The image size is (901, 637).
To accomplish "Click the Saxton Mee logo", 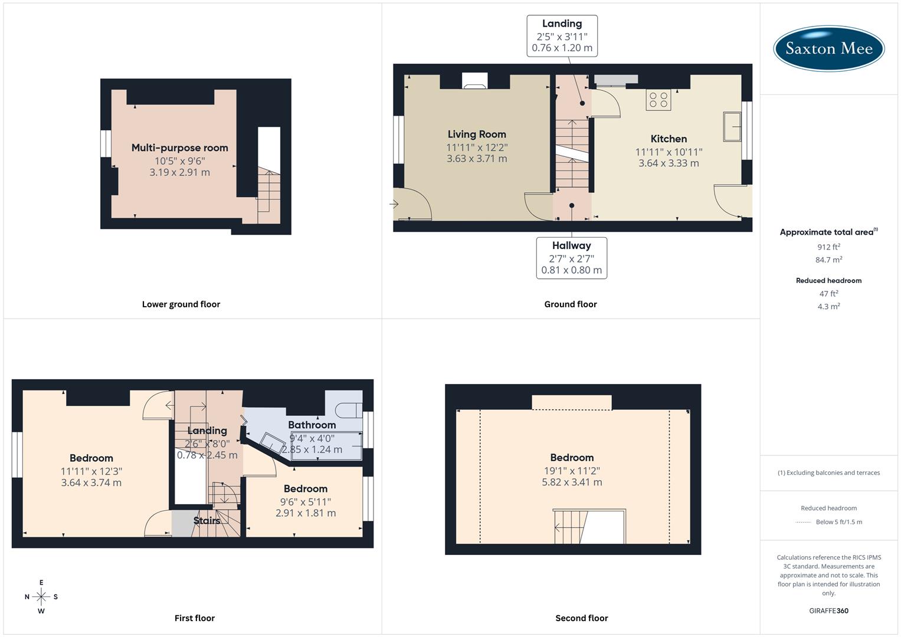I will pos(828,48).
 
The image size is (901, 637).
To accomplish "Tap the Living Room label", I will pos(476,134).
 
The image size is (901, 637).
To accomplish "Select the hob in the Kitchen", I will pos(658,100).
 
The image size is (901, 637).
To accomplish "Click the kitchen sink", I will pos(732,126).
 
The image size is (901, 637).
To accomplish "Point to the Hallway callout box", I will pos(571,258).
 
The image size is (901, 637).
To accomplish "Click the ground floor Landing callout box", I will pos(562,36).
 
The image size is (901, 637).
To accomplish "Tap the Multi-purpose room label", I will pos(179,148).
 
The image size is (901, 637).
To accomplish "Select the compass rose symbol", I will pos(41,597).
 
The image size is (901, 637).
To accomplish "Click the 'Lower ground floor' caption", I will pos(181,304).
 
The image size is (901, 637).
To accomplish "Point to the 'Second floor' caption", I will pos(581,618).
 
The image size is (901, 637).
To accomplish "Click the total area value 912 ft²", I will pos(828,247).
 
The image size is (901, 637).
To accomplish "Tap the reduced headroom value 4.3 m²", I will pos(828,307).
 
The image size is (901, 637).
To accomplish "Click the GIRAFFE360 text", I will pos(828,610).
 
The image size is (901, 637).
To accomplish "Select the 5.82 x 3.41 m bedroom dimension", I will pos(572,482).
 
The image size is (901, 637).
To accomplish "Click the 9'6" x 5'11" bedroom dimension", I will pos(306,502).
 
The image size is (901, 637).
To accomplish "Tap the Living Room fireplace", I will pos(474,81).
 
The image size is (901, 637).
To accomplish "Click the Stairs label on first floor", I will pos(207,521).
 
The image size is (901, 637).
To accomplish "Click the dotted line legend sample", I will pos(804,522).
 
